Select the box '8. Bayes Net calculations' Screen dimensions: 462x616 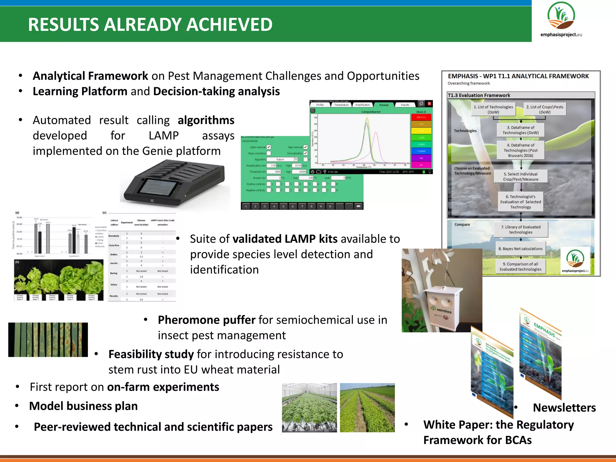pyautogui.click(x=520, y=249)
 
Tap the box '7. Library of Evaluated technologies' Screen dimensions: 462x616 pyautogui.click(x=521, y=229)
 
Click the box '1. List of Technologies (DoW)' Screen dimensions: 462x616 pyautogui.click(x=493, y=109)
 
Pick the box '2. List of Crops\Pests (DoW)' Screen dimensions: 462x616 pyautogui.click(x=545, y=109)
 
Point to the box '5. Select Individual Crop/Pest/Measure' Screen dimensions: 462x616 pyautogui.click(x=521, y=177)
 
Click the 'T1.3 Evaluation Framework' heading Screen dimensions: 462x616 pyautogui.click(x=479, y=95)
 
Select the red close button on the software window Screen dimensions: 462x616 pyautogui.click(x=429, y=103)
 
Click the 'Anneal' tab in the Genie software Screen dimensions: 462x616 pyautogui.click(x=383, y=105)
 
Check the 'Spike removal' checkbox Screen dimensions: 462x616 pyautogui.click(x=269, y=147)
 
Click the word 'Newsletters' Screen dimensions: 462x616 pyautogui.click(x=564, y=408)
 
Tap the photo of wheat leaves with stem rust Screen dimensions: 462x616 pyautogui.click(x=48, y=340)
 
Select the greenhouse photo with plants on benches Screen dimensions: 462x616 pyautogui.click(x=309, y=408)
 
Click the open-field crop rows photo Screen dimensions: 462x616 pyautogui.click(x=367, y=408)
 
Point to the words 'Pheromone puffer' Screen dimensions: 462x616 pyautogui.click(x=206, y=320)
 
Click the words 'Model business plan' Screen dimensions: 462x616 pyautogui.click(x=83, y=406)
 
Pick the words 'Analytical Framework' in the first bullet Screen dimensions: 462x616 pyautogui.click(x=90, y=76)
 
